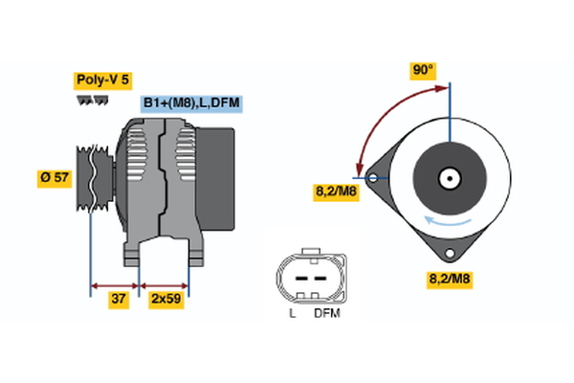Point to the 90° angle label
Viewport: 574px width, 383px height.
tap(423, 70)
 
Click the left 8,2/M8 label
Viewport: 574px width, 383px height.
tap(337, 191)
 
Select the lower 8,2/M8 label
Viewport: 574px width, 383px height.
tap(449, 280)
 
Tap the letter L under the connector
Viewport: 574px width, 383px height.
tap(292, 313)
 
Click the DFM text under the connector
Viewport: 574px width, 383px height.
tap(325, 313)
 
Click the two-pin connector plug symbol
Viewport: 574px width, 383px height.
tap(307, 279)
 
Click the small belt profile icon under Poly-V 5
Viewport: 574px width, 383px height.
tap(92, 101)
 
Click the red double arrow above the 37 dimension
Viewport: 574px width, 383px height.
tap(115, 284)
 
